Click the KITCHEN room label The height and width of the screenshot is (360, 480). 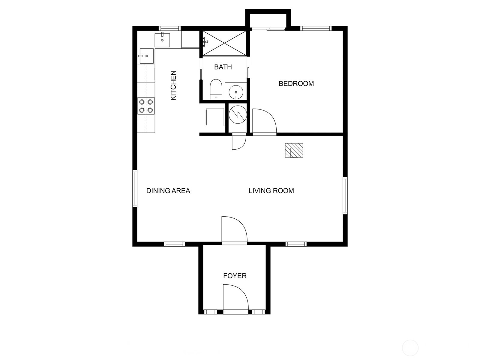[173, 85]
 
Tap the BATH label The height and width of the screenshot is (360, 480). [223, 67]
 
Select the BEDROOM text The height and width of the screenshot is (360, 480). [296, 83]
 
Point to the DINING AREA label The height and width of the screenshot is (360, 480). [168, 191]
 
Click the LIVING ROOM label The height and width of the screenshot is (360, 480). [271, 191]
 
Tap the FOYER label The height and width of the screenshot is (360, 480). [235, 276]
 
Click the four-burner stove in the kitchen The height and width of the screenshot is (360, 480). [146, 106]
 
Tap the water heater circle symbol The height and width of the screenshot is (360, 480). [238, 114]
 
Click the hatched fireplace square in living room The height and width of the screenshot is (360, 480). [294, 150]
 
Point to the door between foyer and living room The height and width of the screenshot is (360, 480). [234, 229]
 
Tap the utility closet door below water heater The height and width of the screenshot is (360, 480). [239, 142]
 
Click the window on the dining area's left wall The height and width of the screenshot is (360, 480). [135, 188]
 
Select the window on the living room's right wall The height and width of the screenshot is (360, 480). [345, 196]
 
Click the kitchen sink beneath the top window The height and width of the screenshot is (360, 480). [162, 40]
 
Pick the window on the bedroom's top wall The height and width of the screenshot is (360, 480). [316, 28]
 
